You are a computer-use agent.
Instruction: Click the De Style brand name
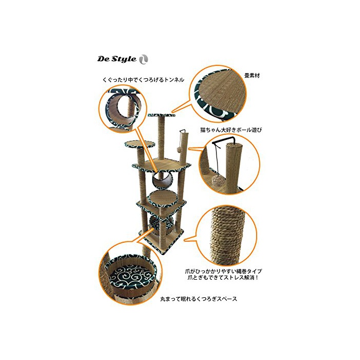tap(117, 59)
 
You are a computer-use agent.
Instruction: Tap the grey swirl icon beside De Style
tap(143, 60)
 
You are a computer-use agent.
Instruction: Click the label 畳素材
tap(252, 76)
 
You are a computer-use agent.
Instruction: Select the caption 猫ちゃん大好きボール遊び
tap(231, 130)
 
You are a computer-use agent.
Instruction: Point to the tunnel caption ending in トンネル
tap(143, 80)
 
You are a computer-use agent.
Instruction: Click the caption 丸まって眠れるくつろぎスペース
tap(199, 299)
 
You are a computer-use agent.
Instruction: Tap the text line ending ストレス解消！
tap(223, 277)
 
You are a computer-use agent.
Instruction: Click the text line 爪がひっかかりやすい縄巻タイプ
tap(223, 271)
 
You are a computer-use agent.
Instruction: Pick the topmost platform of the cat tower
tap(161, 115)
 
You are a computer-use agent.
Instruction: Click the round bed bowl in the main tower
tap(161, 223)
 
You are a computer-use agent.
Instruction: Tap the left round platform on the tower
tap(139, 144)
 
